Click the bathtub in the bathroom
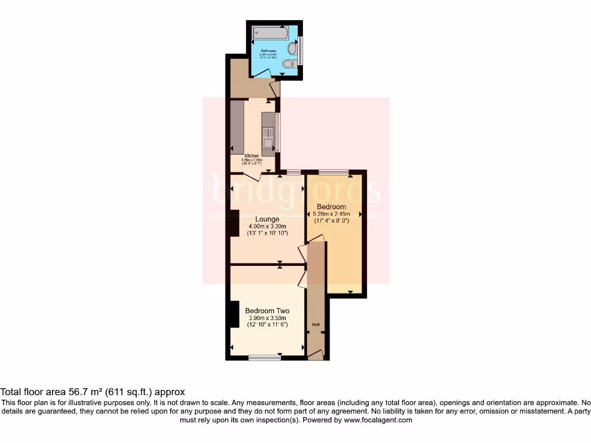tap(270, 33)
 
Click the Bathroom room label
tap(268, 51)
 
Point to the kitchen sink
tap(268, 142)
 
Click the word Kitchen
tap(252, 156)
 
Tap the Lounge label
tap(267, 219)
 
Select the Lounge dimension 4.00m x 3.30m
tap(267, 226)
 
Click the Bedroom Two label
tap(267, 311)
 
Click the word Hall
tap(316, 325)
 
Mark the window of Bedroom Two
tap(265, 358)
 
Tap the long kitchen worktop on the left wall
tap(237, 127)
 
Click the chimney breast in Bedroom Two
tap(234, 315)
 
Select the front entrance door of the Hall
tap(316, 355)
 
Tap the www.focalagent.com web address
tap(378, 420)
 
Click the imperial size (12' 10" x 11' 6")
tap(267, 325)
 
